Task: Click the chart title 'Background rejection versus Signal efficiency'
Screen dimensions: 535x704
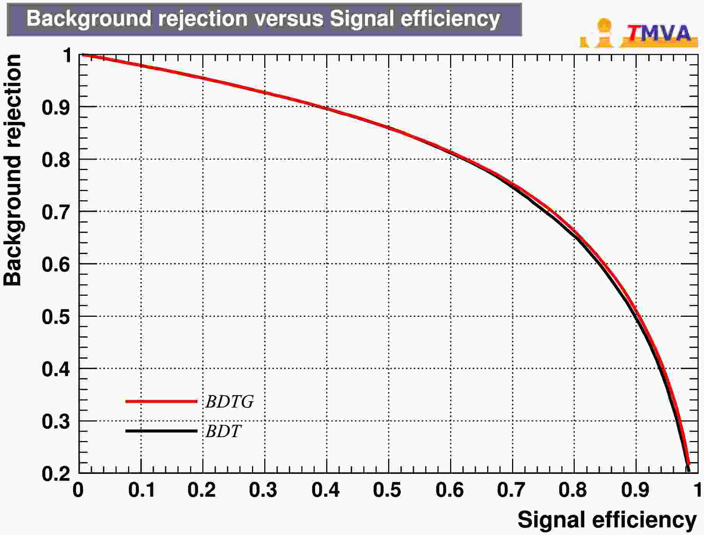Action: pyautogui.click(x=263, y=19)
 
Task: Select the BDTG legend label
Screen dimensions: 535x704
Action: pyautogui.click(x=229, y=402)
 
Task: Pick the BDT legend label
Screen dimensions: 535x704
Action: pyautogui.click(x=223, y=431)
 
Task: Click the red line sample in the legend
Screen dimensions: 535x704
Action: pyautogui.click(x=161, y=401)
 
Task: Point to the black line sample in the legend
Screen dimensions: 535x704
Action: pyautogui.click(x=161, y=431)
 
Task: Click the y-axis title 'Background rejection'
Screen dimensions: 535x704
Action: pyautogui.click(x=13, y=170)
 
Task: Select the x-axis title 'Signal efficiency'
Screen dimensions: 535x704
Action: pyautogui.click(x=607, y=520)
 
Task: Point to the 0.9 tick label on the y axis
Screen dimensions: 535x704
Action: pyautogui.click(x=56, y=107)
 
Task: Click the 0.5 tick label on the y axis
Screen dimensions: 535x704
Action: pyautogui.click(x=56, y=317)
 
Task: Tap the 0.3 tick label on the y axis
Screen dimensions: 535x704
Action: pyautogui.click(x=56, y=422)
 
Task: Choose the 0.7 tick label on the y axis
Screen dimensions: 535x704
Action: pyautogui.click(x=56, y=212)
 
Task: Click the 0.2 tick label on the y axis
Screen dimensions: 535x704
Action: pyautogui.click(x=56, y=474)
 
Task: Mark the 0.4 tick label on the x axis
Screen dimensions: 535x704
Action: pyautogui.click(x=326, y=490)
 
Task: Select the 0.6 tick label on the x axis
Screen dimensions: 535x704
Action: pyautogui.click(x=450, y=490)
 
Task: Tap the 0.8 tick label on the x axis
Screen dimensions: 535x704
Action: pyautogui.click(x=573, y=490)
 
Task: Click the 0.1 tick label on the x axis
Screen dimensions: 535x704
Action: pyautogui.click(x=141, y=490)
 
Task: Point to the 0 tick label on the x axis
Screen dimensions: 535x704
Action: pyautogui.click(x=78, y=490)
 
